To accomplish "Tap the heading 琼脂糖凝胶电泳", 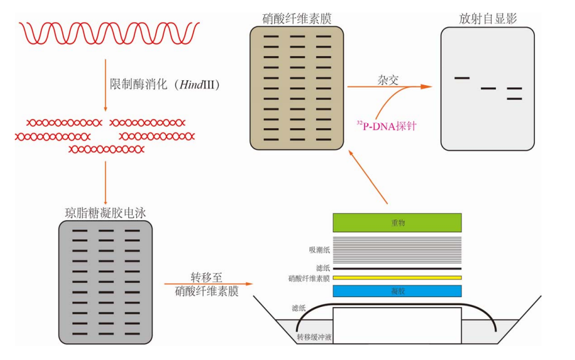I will click(105, 213).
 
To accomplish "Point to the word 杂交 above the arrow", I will click(388, 80).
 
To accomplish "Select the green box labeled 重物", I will click(397, 223).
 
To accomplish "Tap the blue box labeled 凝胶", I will click(397, 291).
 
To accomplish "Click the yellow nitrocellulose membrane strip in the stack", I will click(397, 277).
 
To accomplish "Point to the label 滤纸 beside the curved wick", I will click(300, 308).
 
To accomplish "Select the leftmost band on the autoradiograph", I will click(462, 78).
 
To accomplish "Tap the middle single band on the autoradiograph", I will click(488, 89).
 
